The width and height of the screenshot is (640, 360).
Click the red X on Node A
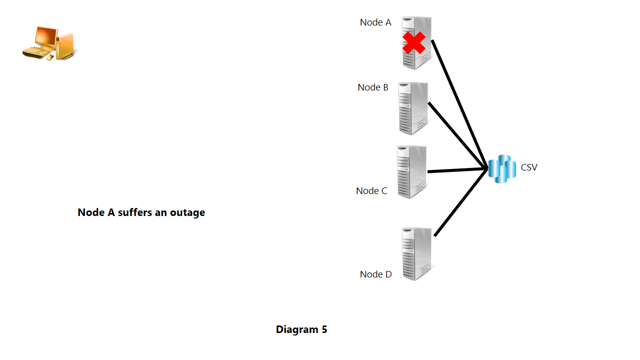[414, 43]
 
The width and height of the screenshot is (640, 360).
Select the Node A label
[375, 22]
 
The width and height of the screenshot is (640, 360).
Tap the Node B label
[373, 87]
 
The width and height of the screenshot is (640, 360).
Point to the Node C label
[371, 191]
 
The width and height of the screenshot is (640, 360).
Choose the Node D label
[376, 274]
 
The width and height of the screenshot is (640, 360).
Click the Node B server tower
[413, 108]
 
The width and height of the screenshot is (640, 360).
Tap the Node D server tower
[416, 253]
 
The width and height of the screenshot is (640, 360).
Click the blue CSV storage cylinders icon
[501, 169]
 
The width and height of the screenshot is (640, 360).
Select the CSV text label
[529, 167]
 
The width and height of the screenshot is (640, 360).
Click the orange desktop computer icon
[50, 44]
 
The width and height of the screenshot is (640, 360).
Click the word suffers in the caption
[134, 212]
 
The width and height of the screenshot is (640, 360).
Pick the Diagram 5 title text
[301, 330]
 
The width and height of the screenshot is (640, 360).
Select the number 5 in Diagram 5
[324, 330]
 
